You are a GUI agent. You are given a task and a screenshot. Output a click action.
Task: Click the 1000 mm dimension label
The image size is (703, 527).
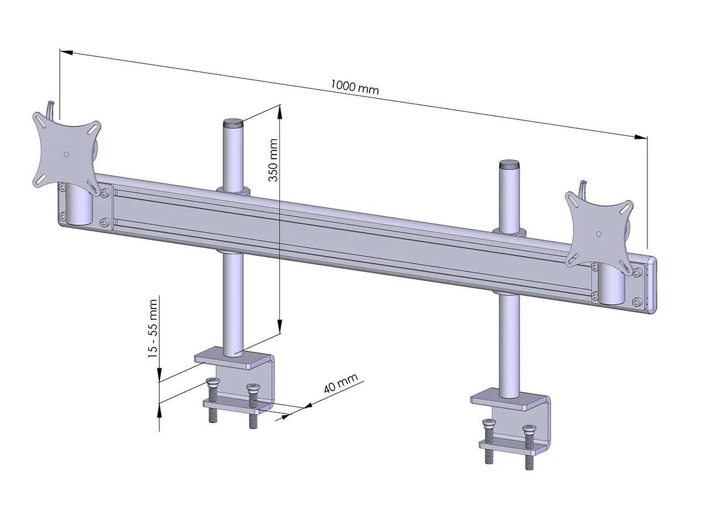355,87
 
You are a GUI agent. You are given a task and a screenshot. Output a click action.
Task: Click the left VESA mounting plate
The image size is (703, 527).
66,153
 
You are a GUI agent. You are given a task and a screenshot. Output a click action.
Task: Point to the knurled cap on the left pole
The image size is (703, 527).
232,124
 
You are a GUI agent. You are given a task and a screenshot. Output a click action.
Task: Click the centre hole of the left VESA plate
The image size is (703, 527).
66,155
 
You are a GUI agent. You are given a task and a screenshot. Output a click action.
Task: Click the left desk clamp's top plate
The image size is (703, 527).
231,358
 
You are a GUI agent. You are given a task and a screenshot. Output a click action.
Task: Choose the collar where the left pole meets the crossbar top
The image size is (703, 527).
233,190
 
